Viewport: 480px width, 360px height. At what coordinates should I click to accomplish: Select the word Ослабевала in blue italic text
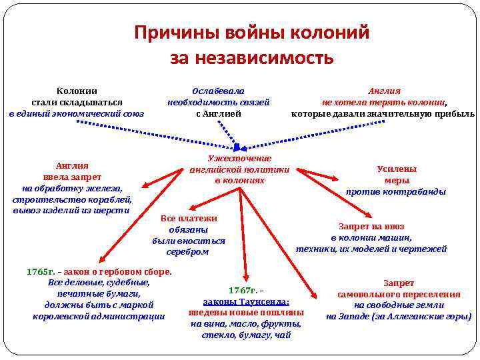point(218,91)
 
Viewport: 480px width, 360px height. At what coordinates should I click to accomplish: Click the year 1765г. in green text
point(41,271)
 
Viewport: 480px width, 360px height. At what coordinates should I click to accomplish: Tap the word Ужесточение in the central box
point(240,158)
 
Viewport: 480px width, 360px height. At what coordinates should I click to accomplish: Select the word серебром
point(189,252)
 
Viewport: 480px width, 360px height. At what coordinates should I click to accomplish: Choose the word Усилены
point(397,169)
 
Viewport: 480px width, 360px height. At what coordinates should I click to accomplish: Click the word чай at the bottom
point(283,335)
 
